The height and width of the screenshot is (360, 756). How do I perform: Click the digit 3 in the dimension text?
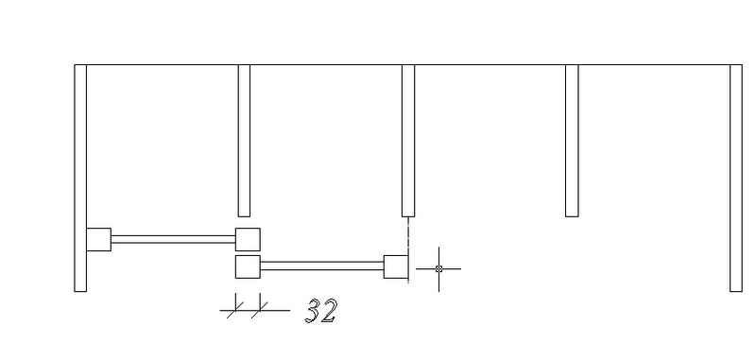(315, 310)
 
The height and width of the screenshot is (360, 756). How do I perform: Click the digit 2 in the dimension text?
(329, 311)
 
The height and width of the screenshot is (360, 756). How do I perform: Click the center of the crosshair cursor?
(438, 269)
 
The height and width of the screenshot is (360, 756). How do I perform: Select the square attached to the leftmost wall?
(99, 239)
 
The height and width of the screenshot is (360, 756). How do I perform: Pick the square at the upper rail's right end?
(248, 239)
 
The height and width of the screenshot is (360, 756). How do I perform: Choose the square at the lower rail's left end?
(248, 266)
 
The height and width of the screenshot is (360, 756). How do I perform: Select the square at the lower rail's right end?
(396, 266)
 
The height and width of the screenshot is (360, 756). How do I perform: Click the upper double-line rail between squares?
(174, 239)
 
